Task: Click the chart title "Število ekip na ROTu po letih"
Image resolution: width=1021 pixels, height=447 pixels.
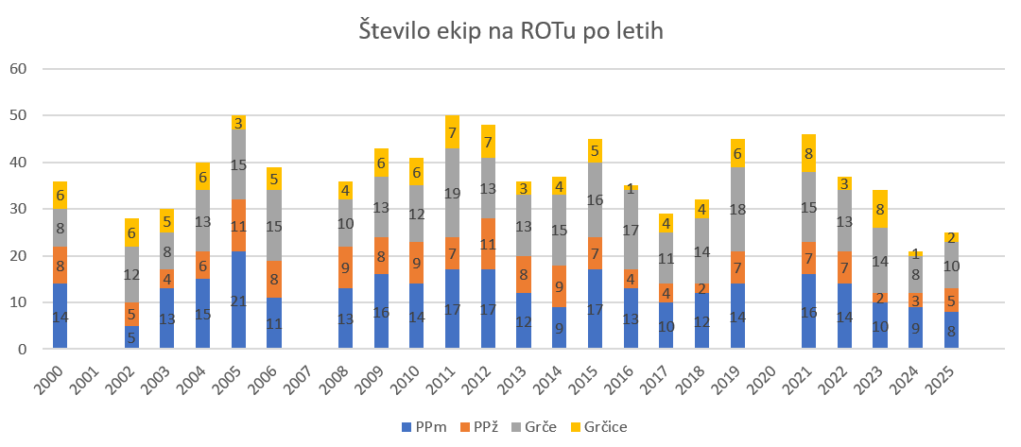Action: tap(510, 31)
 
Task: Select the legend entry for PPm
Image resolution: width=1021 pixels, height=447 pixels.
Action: tap(414, 427)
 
